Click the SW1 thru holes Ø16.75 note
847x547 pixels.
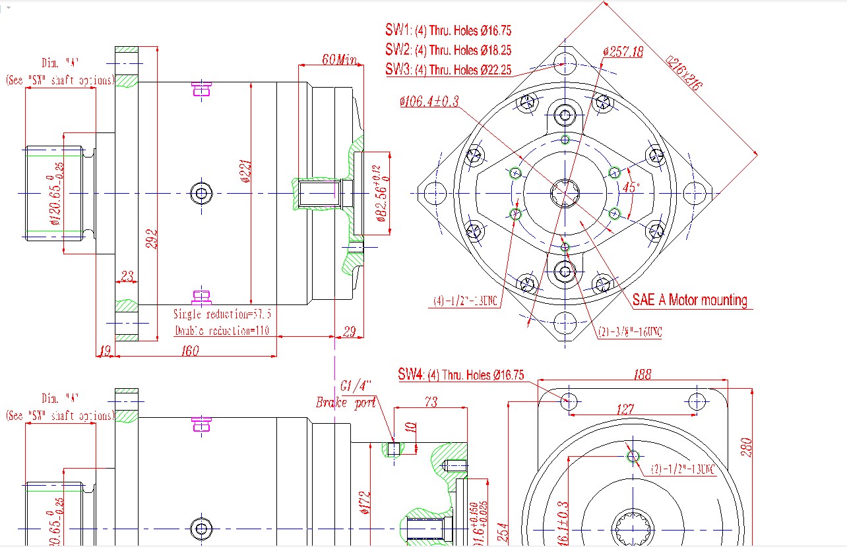coord(449,30)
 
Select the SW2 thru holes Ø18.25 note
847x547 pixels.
coord(449,50)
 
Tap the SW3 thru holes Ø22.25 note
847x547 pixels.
coord(449,69)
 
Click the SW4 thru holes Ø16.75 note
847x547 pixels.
coord(461,375)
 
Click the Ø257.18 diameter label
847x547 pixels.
coord(623,51)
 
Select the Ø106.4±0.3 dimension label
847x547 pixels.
coord(428,101)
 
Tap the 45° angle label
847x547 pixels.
coord(631,187)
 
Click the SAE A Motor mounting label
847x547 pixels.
coord(690,301)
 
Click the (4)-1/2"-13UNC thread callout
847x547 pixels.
coord(465,301)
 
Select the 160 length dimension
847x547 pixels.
coord(189,351)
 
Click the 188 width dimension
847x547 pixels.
coord(641,374)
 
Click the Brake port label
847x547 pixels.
coord(346,402)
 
